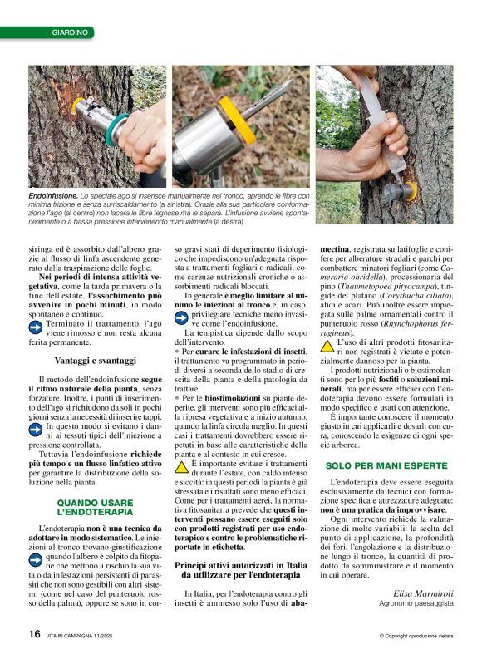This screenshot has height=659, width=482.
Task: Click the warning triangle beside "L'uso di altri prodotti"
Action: click(x=327, y=344)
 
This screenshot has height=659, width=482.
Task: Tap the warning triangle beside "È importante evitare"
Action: click(x=182, y=467)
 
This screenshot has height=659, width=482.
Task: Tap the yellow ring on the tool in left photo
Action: click(x=82, y=107)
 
